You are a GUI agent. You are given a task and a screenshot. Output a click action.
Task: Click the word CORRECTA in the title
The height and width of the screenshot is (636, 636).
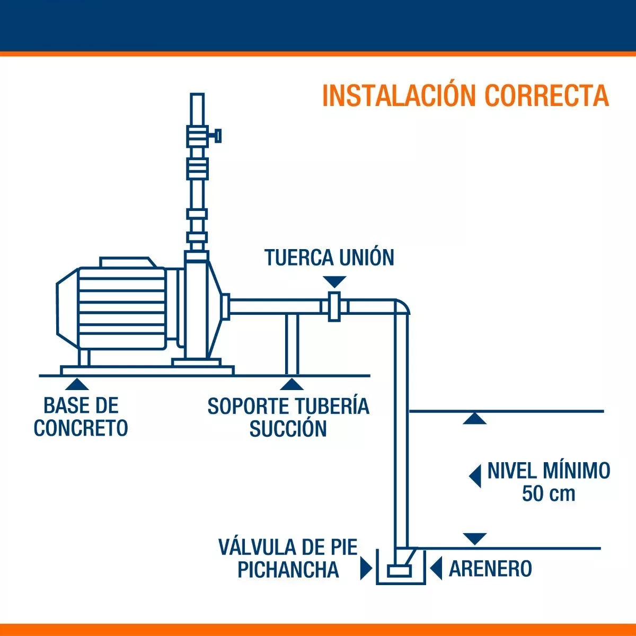click(546, 96)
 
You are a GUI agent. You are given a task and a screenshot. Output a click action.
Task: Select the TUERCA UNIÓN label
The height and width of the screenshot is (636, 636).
click(329, 258)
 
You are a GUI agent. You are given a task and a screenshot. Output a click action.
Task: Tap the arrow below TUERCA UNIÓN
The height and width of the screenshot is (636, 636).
click(334, 281)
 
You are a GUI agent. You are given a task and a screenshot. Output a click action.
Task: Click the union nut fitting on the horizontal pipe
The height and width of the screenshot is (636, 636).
click(334, 306)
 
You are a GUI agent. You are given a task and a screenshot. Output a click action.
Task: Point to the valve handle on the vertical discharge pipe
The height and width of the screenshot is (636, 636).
click(217, 136)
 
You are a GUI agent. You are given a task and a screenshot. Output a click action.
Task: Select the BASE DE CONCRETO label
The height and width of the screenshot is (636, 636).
click(81, 417)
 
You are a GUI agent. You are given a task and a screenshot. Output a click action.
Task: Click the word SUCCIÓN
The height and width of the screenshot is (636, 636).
click(288, 429)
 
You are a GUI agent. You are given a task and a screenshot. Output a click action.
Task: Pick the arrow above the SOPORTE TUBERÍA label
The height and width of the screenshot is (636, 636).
click(292, 384)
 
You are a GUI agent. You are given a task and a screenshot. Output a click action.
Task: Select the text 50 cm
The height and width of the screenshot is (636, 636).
click(548, 493)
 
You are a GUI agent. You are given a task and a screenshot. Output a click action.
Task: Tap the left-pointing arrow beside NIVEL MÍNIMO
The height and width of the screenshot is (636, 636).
click(475, 475)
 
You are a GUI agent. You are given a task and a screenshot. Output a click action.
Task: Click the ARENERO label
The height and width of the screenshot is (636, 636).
click(490, 569)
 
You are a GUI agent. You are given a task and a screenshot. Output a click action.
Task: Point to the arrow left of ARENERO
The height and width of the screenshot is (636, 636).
click(436, 569)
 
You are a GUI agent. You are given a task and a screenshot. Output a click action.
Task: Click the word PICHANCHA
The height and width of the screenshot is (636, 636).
click(288, 570)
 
